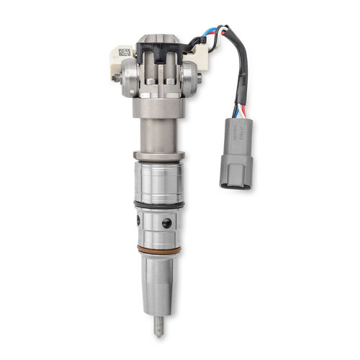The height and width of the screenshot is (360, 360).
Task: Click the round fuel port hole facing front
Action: [x=167, y=224]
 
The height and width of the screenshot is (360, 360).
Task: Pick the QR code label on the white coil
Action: [x=125, y=53]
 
